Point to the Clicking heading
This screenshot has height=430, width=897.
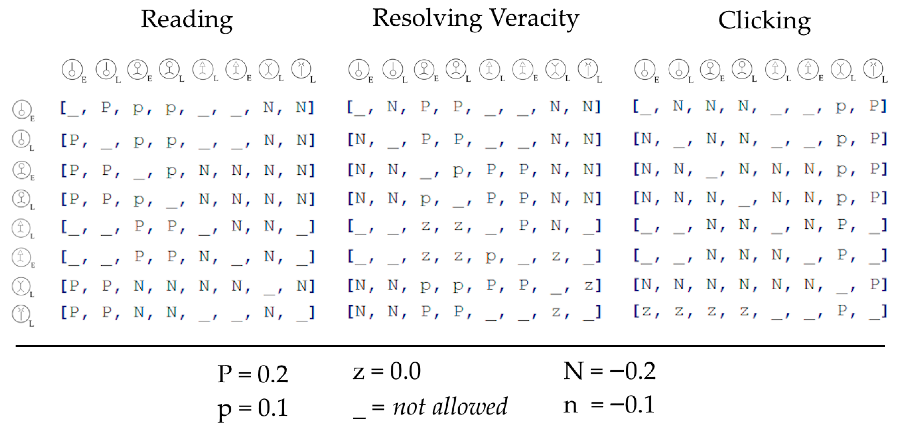[764, 21]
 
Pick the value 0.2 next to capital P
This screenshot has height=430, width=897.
[273, 374]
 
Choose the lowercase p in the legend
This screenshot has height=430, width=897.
[225, 409]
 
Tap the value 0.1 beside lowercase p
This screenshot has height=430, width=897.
[273, 408]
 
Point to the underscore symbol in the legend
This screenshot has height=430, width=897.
[359, 417]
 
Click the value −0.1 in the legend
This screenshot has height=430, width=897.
[632, 405]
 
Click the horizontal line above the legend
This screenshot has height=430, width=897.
[449, 346]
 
